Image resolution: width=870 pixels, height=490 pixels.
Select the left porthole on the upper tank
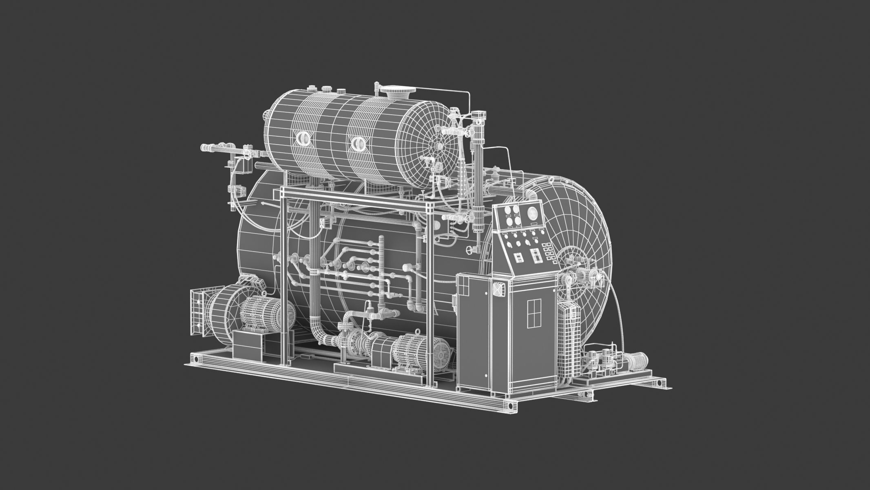tap(303, 138)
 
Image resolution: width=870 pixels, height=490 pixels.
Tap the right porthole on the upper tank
tap(359, 143)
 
